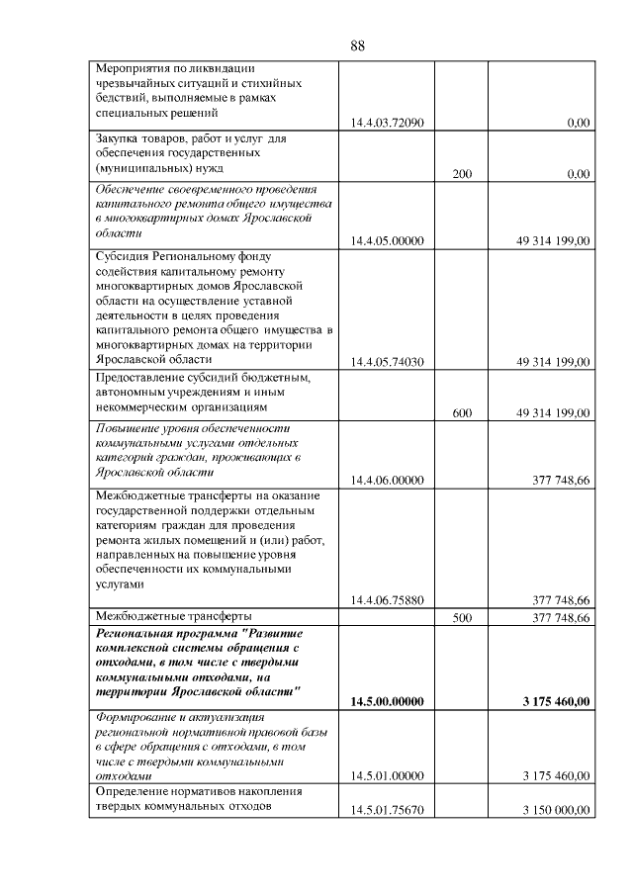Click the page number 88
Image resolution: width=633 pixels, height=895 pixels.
click(x=358, y=45)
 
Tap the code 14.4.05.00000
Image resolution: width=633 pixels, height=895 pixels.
click(x=387, y=240)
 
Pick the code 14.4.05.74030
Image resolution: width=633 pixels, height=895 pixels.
click(x=387, y=362)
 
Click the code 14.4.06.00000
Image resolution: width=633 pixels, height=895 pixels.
click(x=387, y=481)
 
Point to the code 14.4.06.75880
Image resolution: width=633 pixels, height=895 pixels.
click(x=387, y=600)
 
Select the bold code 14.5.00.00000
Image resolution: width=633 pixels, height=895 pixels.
click(x=387, y=702)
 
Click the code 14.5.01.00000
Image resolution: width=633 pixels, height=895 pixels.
click(x=387, y=776)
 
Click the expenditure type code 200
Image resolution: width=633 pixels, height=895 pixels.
click(x=462, y=174)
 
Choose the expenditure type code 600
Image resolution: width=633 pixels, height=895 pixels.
click(x=462, y=413)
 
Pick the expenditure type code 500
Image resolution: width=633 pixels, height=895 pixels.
click(x=462, y=617)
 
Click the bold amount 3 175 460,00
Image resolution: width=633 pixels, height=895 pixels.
click(x=556, y=702)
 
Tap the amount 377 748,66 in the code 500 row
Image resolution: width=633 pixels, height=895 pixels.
click(x=562, y=617)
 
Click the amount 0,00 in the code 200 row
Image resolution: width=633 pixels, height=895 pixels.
click(x=579, y=174)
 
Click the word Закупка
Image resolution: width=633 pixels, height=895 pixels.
click(x=117, y=139)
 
